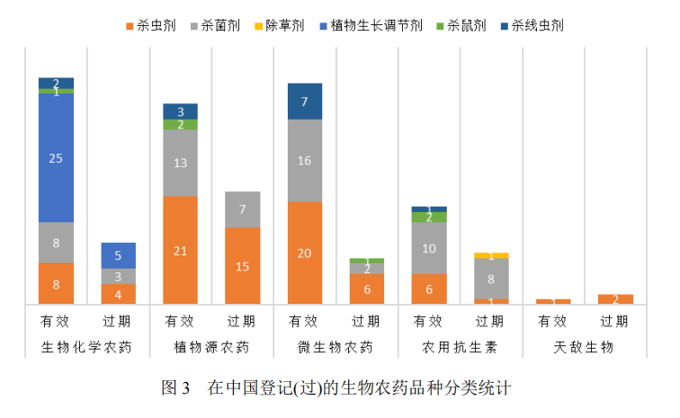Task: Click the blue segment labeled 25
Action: point(56,157)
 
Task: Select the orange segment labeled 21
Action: point(180,250)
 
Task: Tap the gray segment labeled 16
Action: point(304,160)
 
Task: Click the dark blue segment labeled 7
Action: point(304,102)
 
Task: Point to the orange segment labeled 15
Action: point(242,266)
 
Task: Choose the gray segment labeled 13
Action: point(180,163)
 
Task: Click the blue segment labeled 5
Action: point(118,255)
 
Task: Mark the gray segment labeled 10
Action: point(428,248)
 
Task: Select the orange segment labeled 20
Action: point(304,253)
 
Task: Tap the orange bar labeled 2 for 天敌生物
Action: point(615,299)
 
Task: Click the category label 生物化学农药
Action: point(87,346)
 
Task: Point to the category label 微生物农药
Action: point(335,346)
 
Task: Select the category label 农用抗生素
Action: point(459,346)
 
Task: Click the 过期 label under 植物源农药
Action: point(242,321)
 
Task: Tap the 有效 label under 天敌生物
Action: point(552,321)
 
